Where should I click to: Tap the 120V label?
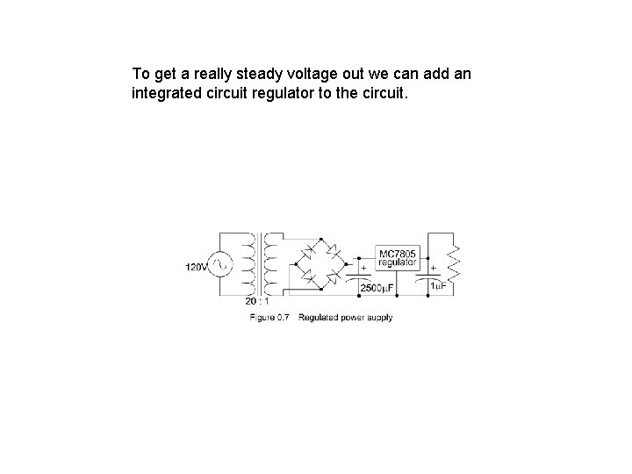[196, 267]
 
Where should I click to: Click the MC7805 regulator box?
[398, 259]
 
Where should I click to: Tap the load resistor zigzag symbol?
[454, 260]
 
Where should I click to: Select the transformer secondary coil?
[269, 263]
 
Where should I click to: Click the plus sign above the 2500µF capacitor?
[363, 266]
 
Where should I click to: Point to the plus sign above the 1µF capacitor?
[433, 266]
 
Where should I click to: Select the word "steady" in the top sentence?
[262, 73]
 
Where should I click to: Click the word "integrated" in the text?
[164, 91]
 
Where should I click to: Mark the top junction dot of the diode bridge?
[321, 239]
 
